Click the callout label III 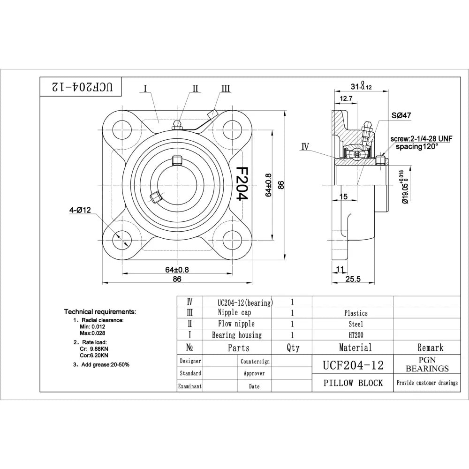coord(226,88)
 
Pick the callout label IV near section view coord(305,147)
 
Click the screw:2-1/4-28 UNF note coord(422,139)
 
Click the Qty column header coord(292,348)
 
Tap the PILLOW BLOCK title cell coord(353,383)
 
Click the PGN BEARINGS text coord(427,364)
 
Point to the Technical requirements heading coord(100,311)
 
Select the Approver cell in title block coord(254,374)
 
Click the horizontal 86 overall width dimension coord(177,279)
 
